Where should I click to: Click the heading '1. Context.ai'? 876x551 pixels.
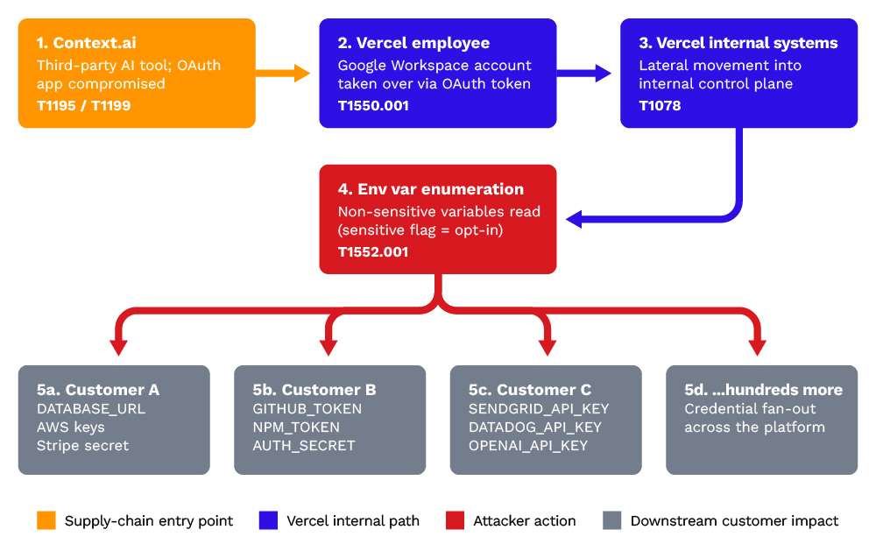(x=86, y=43)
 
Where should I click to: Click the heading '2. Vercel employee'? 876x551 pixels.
(x=413, y=43)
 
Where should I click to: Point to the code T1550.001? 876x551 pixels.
(x=373, y=106)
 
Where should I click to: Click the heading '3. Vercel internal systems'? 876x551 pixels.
(x=738, y=43)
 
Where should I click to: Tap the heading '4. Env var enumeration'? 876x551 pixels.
(x=431, y=189)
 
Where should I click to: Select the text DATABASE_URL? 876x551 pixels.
(x=91, y=409)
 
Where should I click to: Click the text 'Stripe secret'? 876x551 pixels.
(x=82, y=446)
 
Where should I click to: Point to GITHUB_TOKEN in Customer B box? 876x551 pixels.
(x=307, y=409)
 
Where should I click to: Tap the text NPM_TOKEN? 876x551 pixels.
(x=296, y=427)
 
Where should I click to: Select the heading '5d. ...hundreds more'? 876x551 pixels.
(x=763, y=390)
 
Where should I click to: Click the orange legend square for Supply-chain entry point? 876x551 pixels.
(x=46, y=521)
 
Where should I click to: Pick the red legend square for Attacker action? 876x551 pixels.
(x=455, y=521)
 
